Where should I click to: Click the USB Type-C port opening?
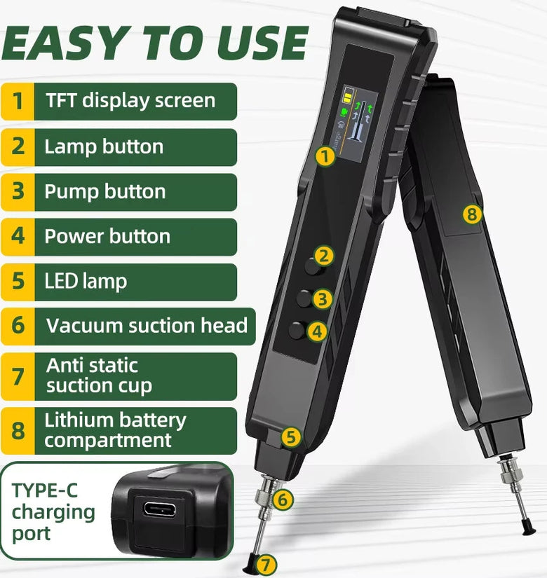click(160, 509)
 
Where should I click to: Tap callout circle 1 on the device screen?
click(325, 157)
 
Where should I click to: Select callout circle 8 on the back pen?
click(473, 214)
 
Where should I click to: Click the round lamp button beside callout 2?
click(313, 266)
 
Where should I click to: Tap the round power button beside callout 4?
click(297, 330)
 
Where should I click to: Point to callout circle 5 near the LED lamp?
click(291, 437)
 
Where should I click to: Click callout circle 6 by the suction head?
click(283, 500)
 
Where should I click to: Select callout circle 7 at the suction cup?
click(266, 564)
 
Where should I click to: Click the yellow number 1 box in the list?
click(18, 102)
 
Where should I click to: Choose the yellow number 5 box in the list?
click(18, 282)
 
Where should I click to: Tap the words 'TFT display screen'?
click(130, 101)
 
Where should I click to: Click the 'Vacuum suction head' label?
click(147, 326)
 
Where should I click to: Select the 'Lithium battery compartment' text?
click(115, 430)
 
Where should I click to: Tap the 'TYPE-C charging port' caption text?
click(53, 511)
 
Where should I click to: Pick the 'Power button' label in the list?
click(107, 236)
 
